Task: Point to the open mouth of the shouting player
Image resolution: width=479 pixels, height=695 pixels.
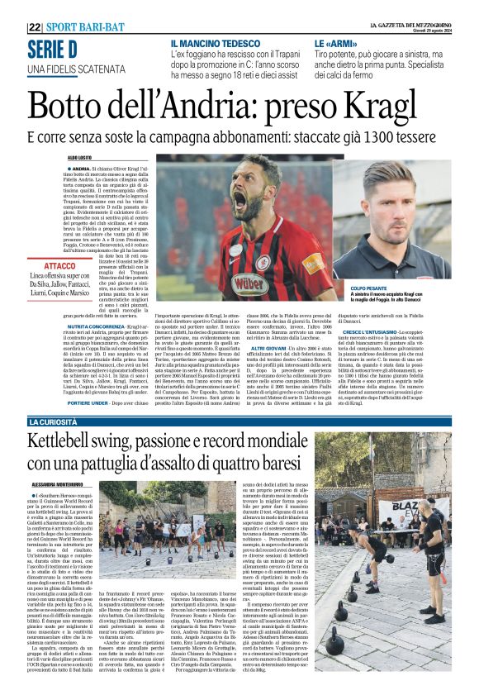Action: pyautogui.click(x=240, y=199)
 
